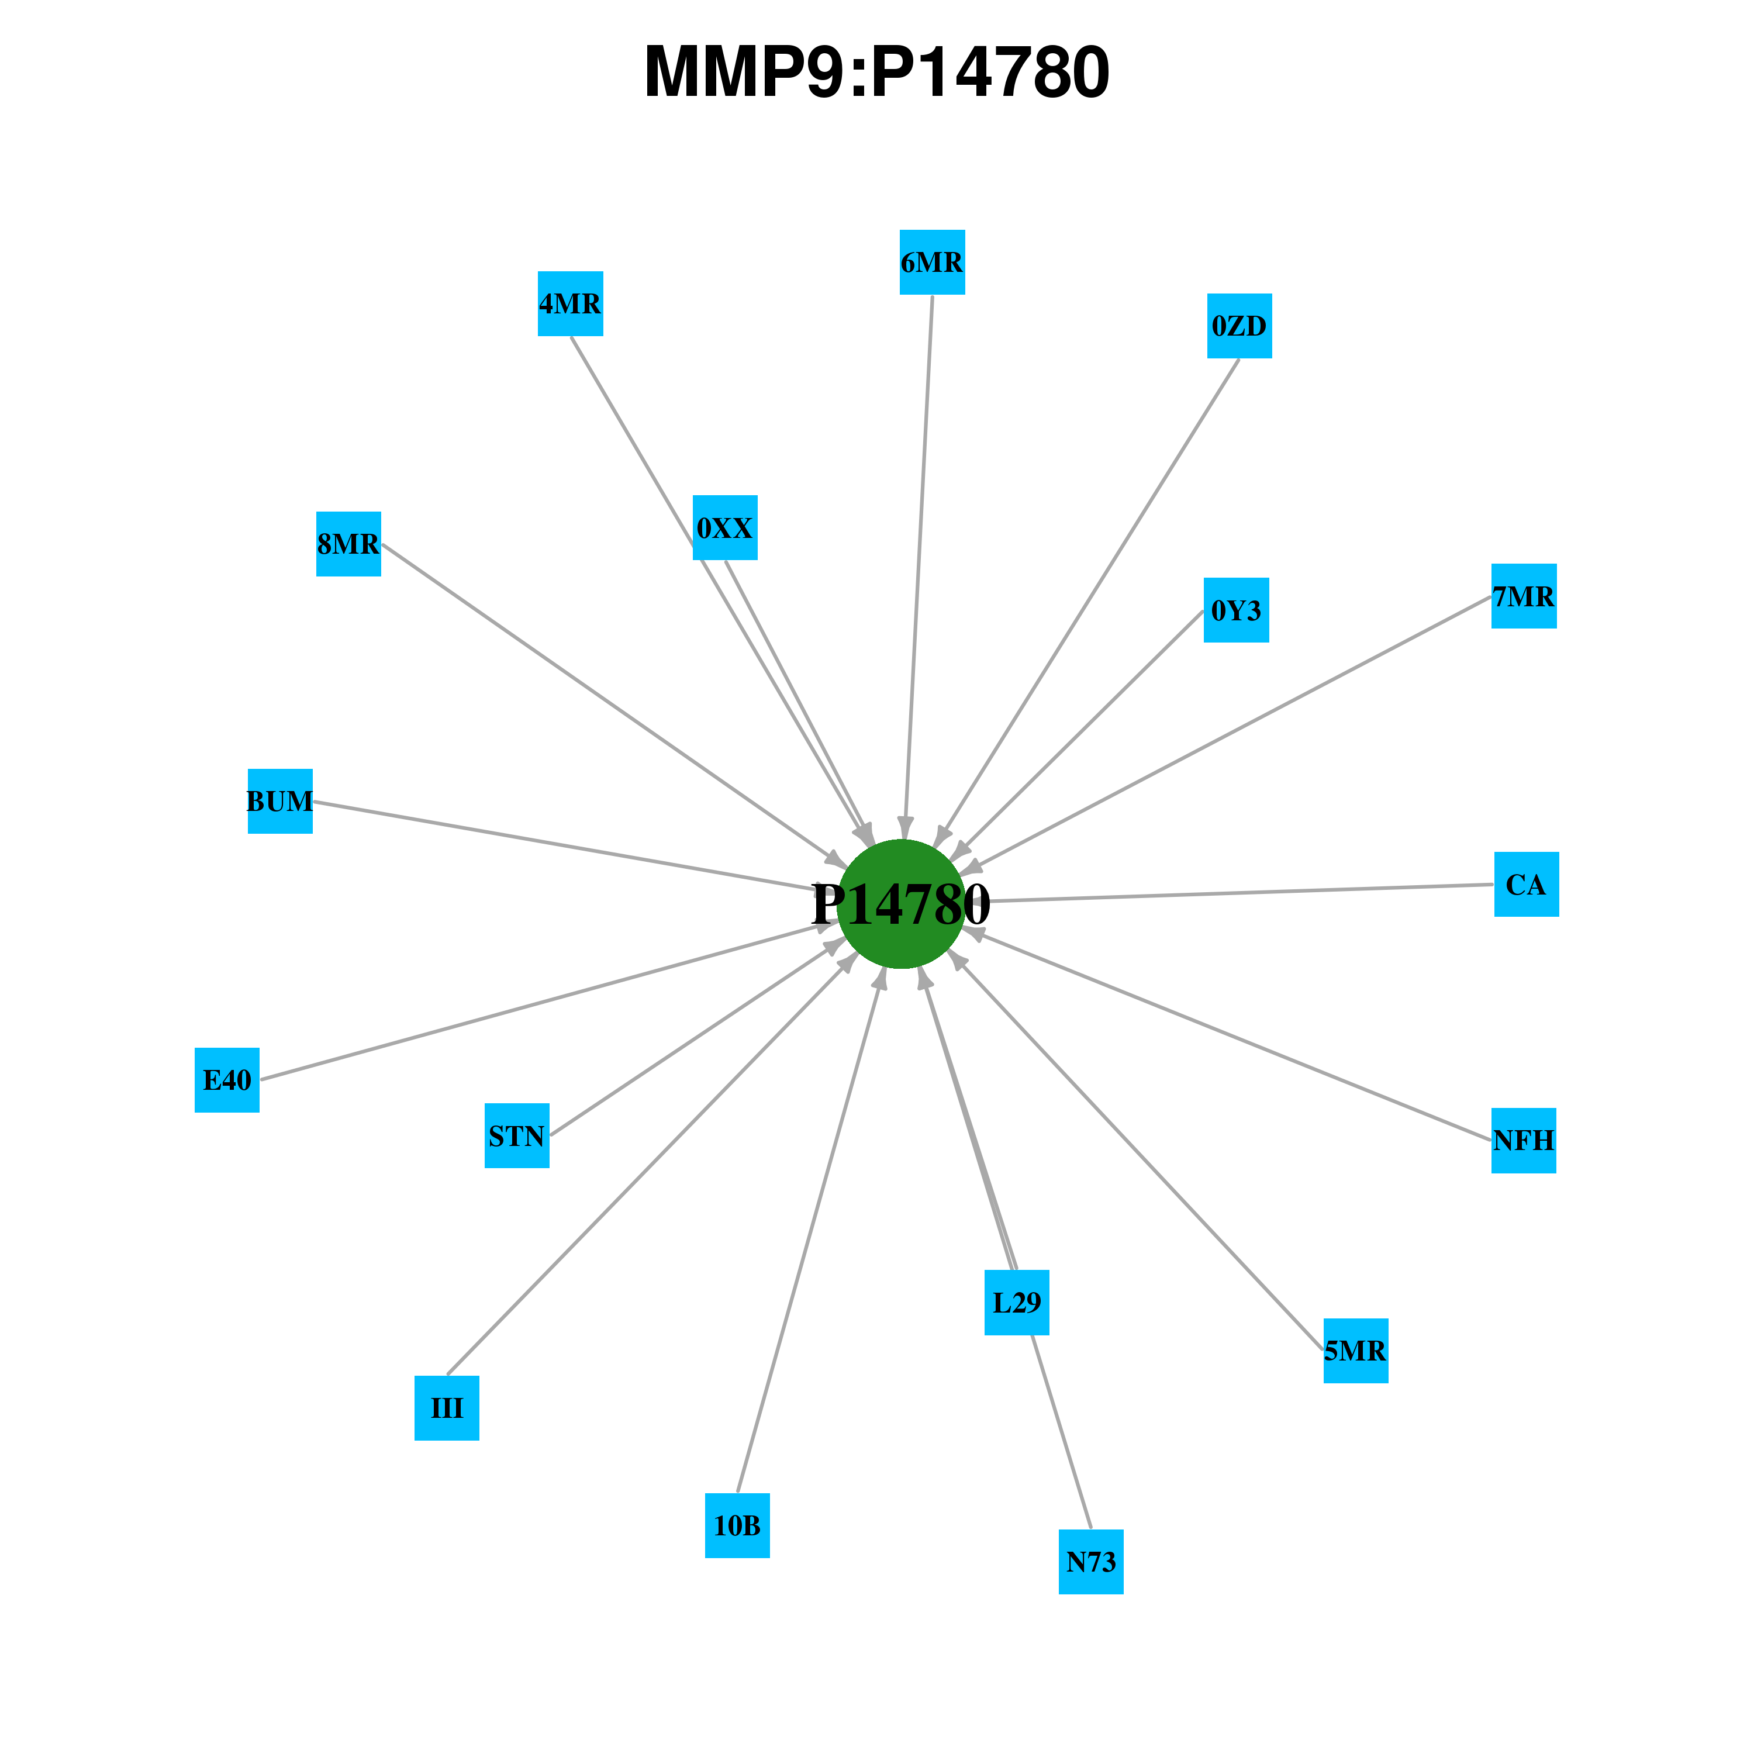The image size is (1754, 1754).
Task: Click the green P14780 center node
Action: (x=900, y=904)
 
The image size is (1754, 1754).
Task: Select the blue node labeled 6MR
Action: (x=933, y=263)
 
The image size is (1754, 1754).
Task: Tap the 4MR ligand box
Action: (x=570, y=303)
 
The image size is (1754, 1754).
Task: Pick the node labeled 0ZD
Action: (x=1239, y=326)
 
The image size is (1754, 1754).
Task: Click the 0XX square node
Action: (x=726, y=527)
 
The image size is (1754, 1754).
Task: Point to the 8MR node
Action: (x=348, y=544)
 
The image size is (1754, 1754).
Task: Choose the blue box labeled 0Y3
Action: (x=1237, y=610)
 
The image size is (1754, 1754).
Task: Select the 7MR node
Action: (x=1524, y=596)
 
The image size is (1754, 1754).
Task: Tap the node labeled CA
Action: (x=1527, y=884)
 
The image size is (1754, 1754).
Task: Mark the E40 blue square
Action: (x=227, y=1079)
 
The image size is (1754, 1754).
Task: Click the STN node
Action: (x=517, y=1136)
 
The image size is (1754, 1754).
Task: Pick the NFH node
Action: (x=1524, y=1140)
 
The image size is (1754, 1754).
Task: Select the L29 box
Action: (x=1017, y=1303)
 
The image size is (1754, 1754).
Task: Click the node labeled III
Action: (x=447, y=1408)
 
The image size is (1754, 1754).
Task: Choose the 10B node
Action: (x=737, y=1525)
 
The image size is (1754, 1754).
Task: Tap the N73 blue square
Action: (x=1091, y=1562)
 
